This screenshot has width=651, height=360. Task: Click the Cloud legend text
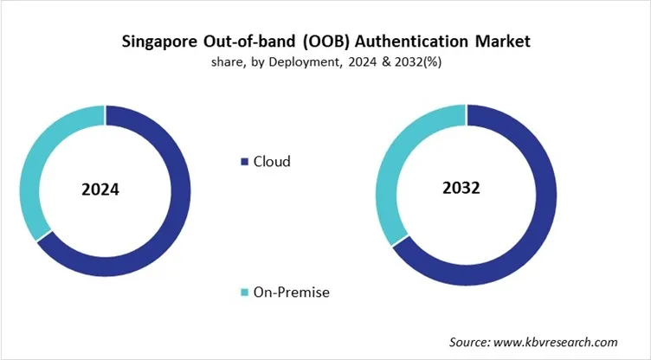(x=272, y=162)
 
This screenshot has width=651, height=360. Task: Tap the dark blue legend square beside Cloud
(x=245, y=162)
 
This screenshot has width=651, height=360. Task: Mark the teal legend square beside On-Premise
(x=245, y=293)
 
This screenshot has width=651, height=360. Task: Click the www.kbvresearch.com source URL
(x=559, y=342)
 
